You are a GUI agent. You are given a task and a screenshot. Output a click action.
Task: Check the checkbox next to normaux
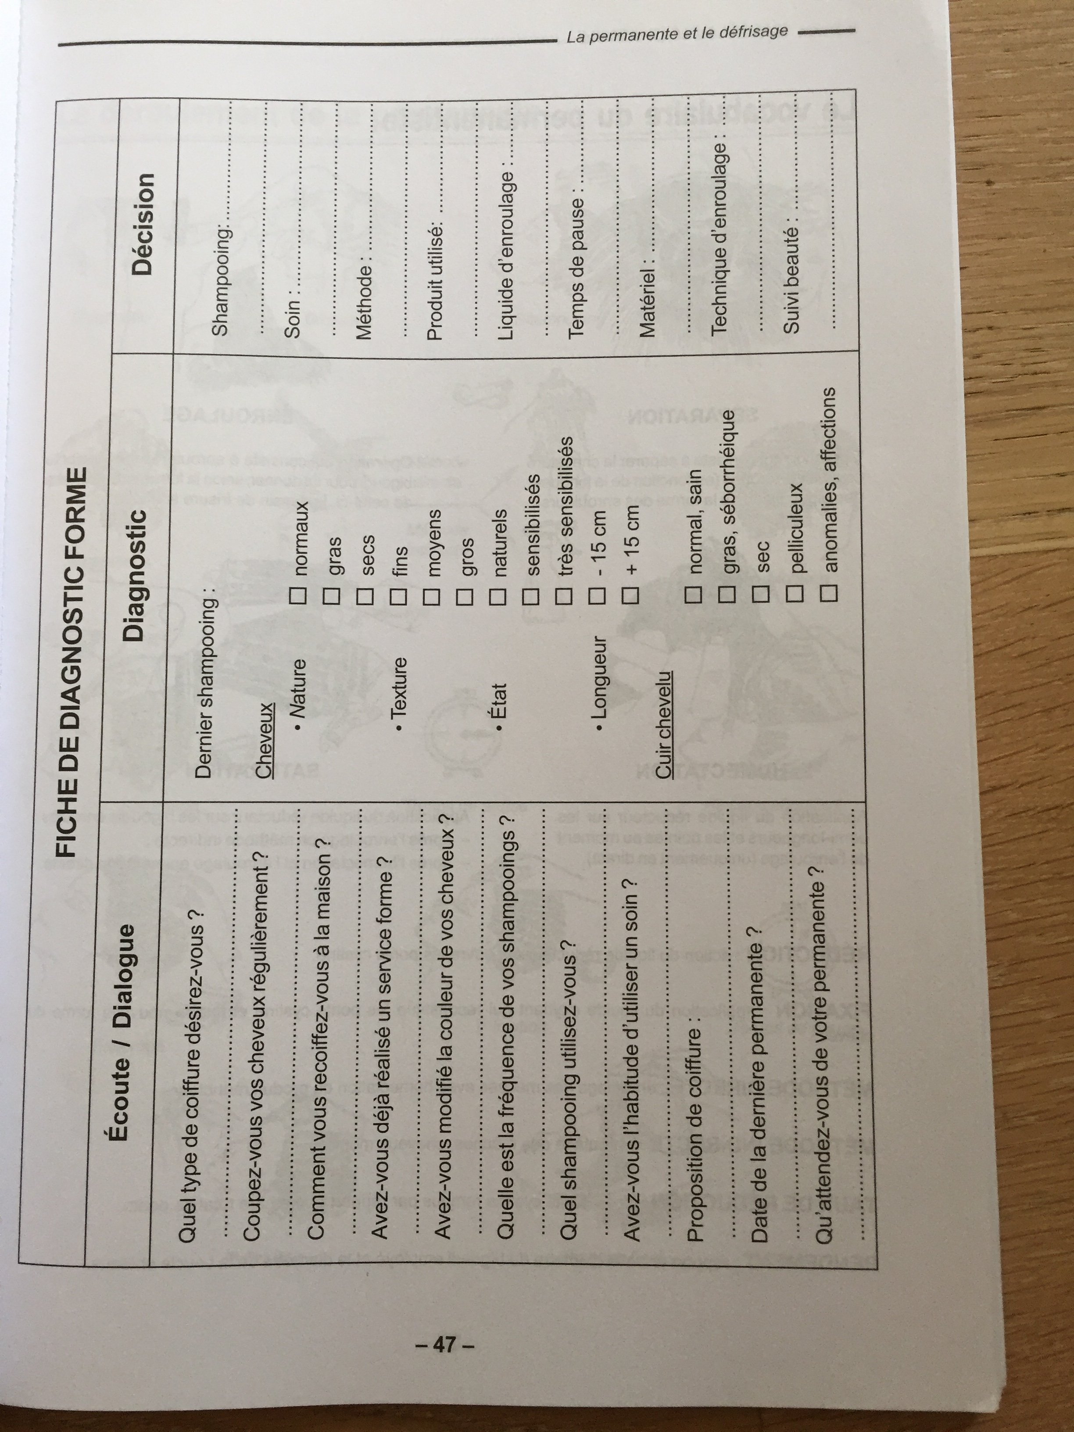pyautogui.click(x=300, y=596)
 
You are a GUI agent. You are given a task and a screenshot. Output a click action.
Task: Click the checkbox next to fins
pyautogui.click(x=399, y=596)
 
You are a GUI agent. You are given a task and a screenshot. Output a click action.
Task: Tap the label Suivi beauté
pyautogui.click(x=791, y=280)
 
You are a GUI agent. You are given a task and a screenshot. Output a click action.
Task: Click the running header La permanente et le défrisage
pyautogui.click(x=677, y=34)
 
